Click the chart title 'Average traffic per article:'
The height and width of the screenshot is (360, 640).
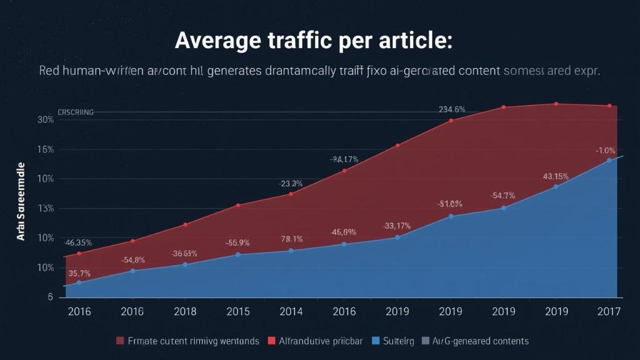point(313,40)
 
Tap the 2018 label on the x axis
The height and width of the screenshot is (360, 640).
point(184,311)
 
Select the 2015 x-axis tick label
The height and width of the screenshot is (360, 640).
point(237,311)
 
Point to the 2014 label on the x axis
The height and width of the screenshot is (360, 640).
point(291,311)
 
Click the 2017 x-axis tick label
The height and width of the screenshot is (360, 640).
point(609,311)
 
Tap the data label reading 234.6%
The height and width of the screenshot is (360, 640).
point(451,109)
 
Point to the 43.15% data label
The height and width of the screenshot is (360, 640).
point(556,176)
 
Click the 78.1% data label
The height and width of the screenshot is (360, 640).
point(292,239)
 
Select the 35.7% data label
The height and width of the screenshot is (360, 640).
point(79,273)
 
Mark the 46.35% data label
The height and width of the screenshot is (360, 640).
point(78,242)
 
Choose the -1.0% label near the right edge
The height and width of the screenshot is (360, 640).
point(605,151)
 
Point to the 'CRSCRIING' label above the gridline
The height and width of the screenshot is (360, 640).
point(76,112)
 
